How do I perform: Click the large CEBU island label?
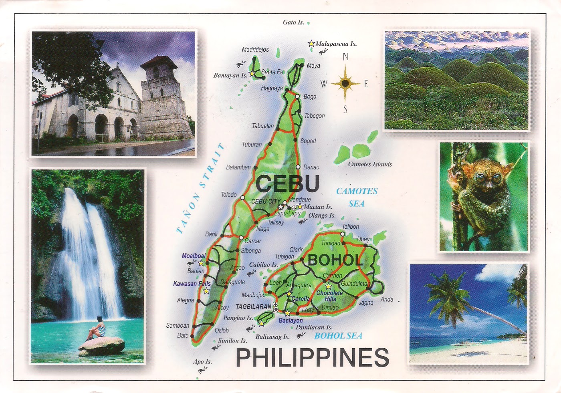287,184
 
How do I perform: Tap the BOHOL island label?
335,260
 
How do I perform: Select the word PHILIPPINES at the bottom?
312,357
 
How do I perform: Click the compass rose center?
345,84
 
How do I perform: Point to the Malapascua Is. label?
336,44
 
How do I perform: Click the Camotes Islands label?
370,164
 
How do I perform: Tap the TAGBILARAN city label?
253,306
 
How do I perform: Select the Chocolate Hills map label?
329,296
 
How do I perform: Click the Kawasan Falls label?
192,284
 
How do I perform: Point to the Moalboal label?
194,256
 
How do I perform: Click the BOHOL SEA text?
338,336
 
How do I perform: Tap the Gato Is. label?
293,22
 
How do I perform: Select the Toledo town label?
229,195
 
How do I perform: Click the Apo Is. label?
202,361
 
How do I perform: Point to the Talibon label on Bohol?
350,227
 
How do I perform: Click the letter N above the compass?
345,57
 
